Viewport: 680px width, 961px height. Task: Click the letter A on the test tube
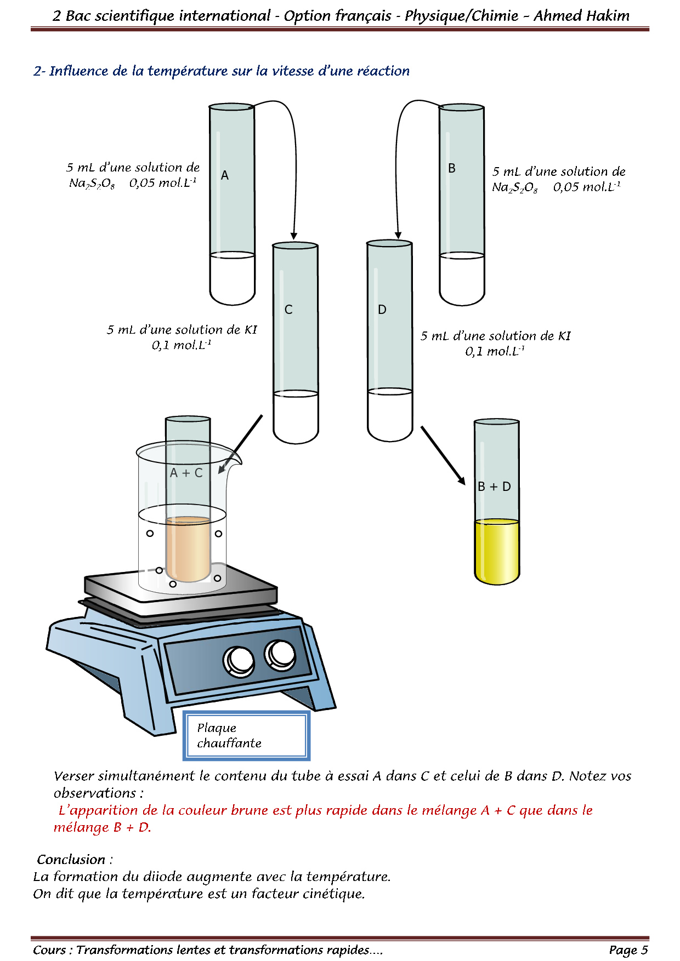[x=225, y=175]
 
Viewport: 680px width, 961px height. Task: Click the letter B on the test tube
[x=452, y=168]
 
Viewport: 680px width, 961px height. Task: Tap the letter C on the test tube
[x=288, y=310]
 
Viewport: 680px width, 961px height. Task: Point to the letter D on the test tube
[x=382, y=310]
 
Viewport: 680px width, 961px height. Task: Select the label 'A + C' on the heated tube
[x=186, y=473]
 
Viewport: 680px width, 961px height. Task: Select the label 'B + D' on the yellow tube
[x=494, y=487]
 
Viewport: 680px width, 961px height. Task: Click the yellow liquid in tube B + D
[x=497, y=551]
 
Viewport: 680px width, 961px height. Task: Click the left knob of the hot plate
[x=239, y=661]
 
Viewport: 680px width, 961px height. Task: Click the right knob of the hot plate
[x=280, y=654]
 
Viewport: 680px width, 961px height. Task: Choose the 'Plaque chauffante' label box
[x=247, y=736]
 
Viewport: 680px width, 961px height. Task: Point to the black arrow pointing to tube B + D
[x=443, y=456]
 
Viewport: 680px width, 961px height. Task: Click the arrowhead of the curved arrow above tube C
[x=294, y=236]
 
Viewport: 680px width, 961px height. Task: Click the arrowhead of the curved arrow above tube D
[x=398, y=235]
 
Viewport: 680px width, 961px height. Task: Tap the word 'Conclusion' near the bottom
[x=71, y=860]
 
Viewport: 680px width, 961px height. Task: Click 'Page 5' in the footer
[x=628, y=950]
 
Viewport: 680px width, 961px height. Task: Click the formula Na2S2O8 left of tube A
[x=92, y=184]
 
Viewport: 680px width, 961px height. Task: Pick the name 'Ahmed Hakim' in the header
[x=582, y=16]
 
